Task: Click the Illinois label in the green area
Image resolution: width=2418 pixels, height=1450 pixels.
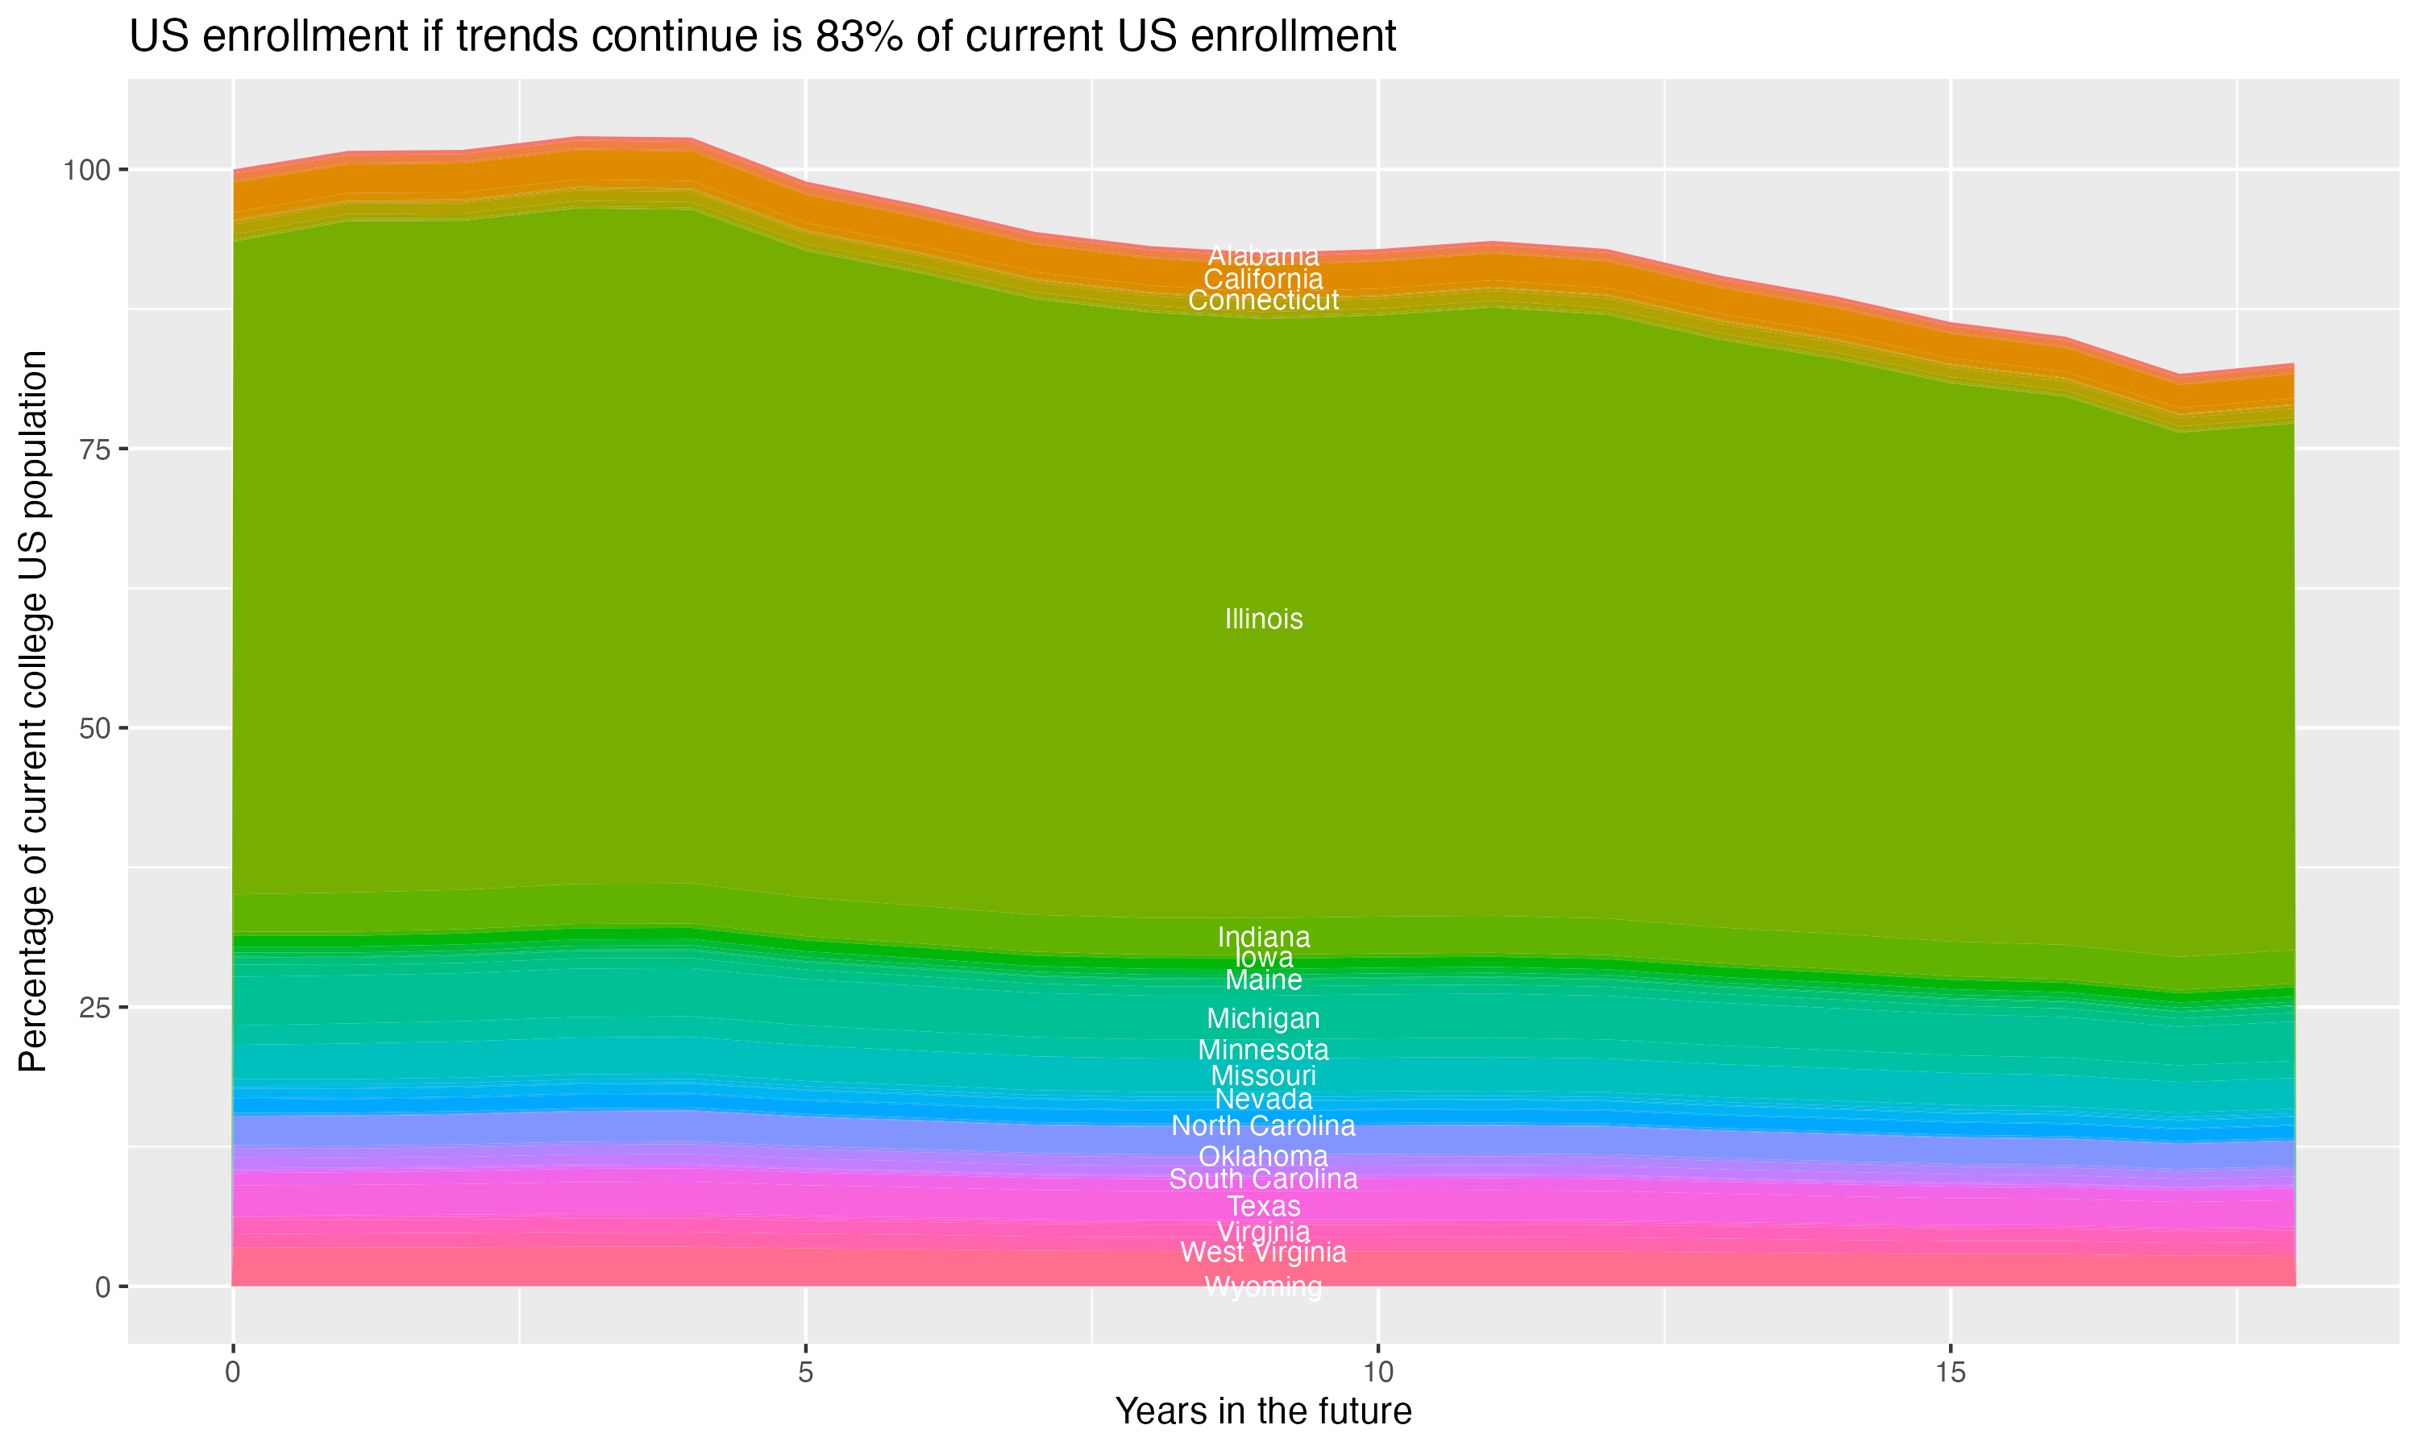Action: pyautogui.click(x=1263, y=619)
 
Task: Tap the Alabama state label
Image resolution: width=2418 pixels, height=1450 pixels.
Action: pyautogui.click(x=1263, y=256)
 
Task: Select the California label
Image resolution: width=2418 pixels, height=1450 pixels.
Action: pyautogui.click(x=1263, y=279)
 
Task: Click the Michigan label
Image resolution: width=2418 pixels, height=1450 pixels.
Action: pyautogui.click(x=1263, y=1019)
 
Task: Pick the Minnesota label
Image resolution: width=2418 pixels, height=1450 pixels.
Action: pyautogui.click(x=1263, y=1050)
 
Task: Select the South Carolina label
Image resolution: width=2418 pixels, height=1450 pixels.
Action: pyautogui.click(x=1263, y=1179)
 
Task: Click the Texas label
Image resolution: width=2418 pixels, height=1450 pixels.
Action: pyautogui.click(x=1263, y=1207)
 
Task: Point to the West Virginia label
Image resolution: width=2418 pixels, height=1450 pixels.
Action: pyautogui.click(x=1263, y=1253)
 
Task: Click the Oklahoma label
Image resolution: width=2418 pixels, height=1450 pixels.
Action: pyautogui.click(x=1263, y=1157)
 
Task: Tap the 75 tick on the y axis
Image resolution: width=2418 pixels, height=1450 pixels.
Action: pyautogui.click(x=90, y=449)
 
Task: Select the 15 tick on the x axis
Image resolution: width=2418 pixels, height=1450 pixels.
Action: pyautogui.click(x=1950, y=1373)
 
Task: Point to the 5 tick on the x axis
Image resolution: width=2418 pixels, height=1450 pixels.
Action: pyautogui.click(x=805, y=1373)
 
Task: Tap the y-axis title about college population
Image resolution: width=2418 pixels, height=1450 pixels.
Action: pyautogui.click(x=33, y=711)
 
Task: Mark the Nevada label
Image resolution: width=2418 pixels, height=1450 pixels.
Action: pyautogui.click(x=1263, y=1100)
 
